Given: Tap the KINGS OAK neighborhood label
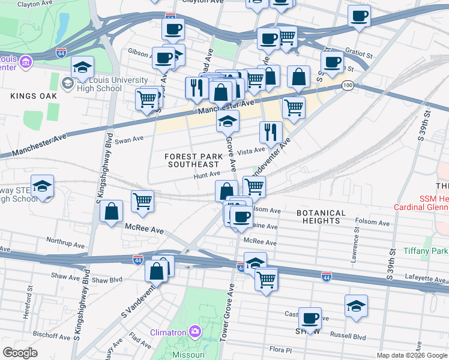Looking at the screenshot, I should [33, 96].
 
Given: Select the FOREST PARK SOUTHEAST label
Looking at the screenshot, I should [193, 160].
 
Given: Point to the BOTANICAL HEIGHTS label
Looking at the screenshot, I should [321, 217].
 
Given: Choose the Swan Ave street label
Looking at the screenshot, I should [129, 139].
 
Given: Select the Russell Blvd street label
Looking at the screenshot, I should [350, 336].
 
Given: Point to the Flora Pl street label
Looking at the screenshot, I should [280, 349].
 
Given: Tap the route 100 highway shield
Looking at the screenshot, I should [348, 86].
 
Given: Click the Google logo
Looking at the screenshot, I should [20, 353].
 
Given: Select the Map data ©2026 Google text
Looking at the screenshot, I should [411, 355].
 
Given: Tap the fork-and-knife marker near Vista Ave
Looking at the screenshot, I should [271, 132].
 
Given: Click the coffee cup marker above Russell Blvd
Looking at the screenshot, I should [310, 318].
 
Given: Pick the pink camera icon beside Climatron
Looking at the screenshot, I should [194, 331].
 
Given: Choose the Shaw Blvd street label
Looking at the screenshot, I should [107, 280].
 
